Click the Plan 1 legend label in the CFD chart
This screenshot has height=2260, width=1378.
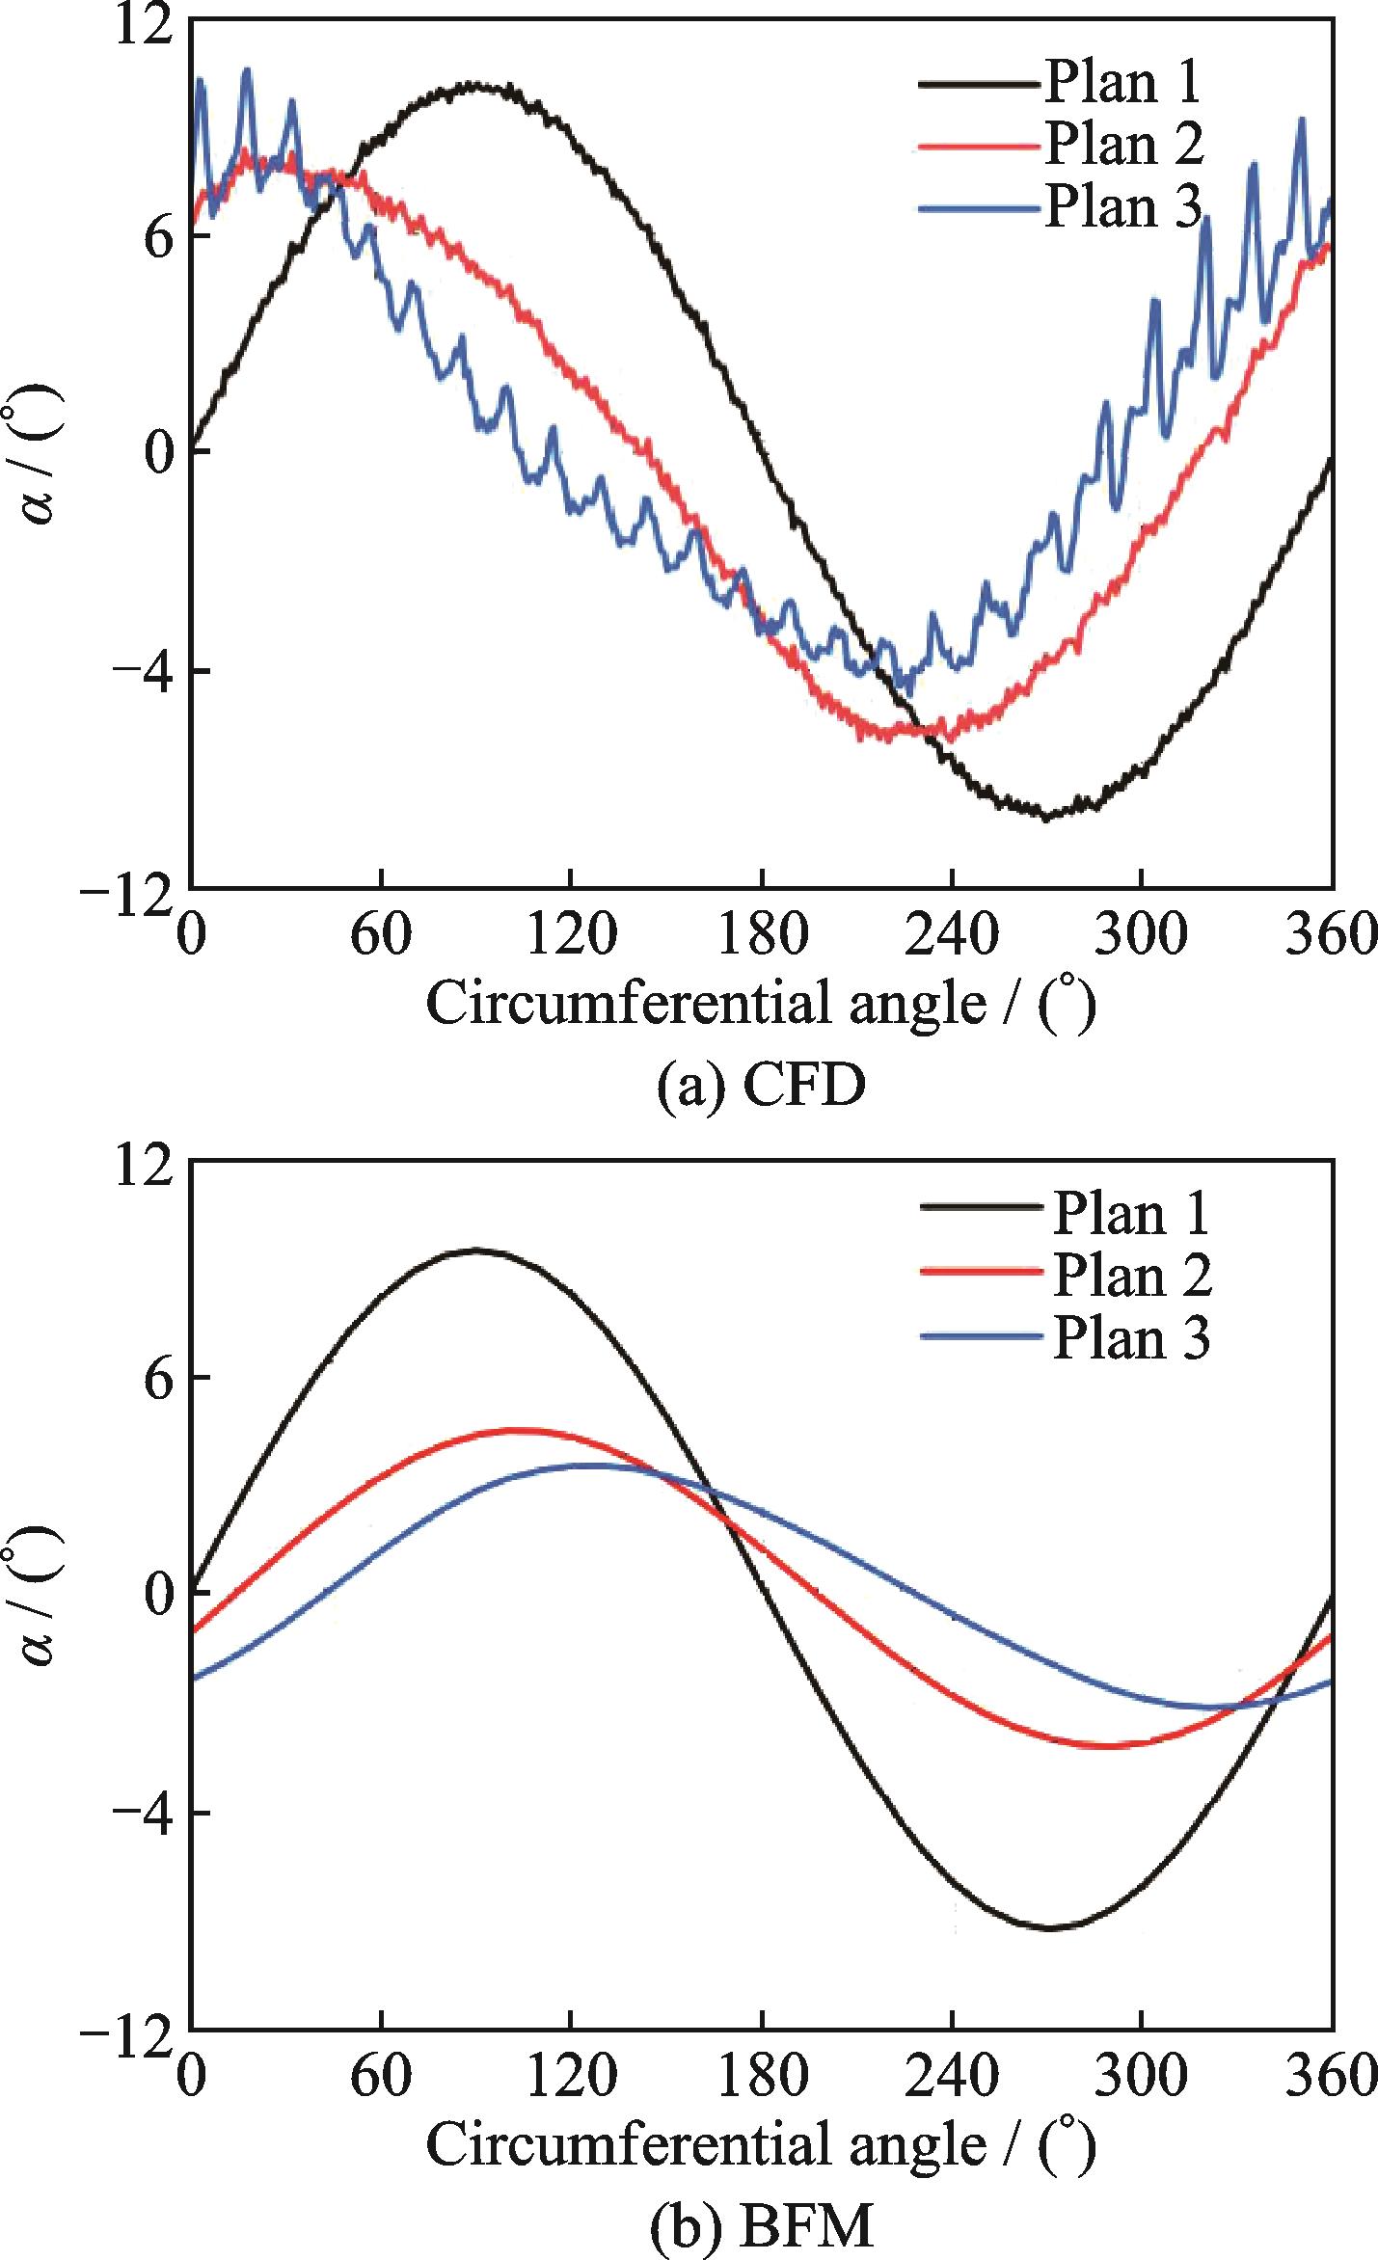[1122, 82]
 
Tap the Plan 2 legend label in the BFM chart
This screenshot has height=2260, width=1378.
[1131, 1276]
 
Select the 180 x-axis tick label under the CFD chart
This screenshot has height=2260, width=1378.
[762, 935]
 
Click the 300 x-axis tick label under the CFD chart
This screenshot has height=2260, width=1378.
[1141, 935]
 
